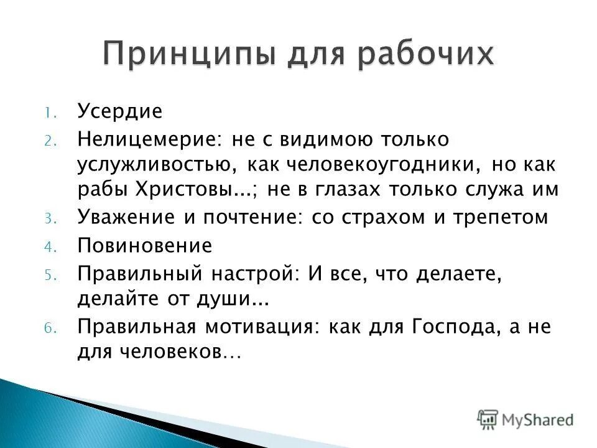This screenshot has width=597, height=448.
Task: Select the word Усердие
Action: pos(119,112)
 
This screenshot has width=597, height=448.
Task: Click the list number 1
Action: pos(49,113)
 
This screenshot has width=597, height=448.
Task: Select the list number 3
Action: pos(49,218)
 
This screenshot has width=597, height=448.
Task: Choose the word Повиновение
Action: pos(144,246)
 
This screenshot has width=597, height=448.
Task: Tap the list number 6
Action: pos(49,328)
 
